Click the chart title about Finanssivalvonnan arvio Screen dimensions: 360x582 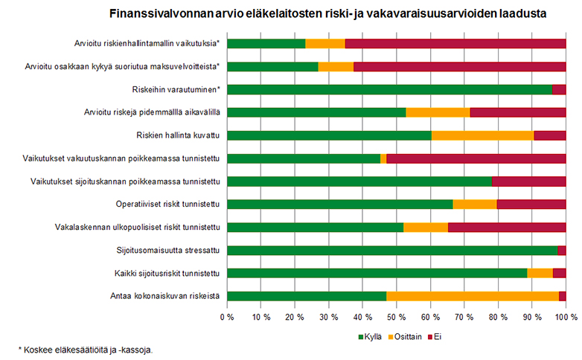(x=328, y=13)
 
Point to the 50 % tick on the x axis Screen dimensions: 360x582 (x=396, y=318)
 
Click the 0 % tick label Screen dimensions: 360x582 (x=227, y=318)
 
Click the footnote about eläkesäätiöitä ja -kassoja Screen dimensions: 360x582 (x=86, y=349)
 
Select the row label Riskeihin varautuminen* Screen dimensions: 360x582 (x=176, y=89)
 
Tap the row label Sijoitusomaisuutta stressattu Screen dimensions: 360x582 (x=167, y=250)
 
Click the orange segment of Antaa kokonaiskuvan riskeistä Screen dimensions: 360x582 (x=472, y=296)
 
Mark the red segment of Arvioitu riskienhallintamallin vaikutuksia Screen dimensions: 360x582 (x=455, y=43)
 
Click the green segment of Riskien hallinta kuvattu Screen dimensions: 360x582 (x=329, y=135)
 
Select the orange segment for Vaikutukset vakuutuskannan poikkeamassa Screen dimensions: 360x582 (x=383, y=158)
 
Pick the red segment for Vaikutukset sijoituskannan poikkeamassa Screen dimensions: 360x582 (x=528, y=181)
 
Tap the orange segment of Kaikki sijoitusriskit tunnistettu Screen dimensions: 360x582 (x=540, y=273)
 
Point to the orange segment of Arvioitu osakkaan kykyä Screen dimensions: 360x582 (x=336, y=66)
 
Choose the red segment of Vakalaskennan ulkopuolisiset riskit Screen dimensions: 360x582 (x=507, y=227)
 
